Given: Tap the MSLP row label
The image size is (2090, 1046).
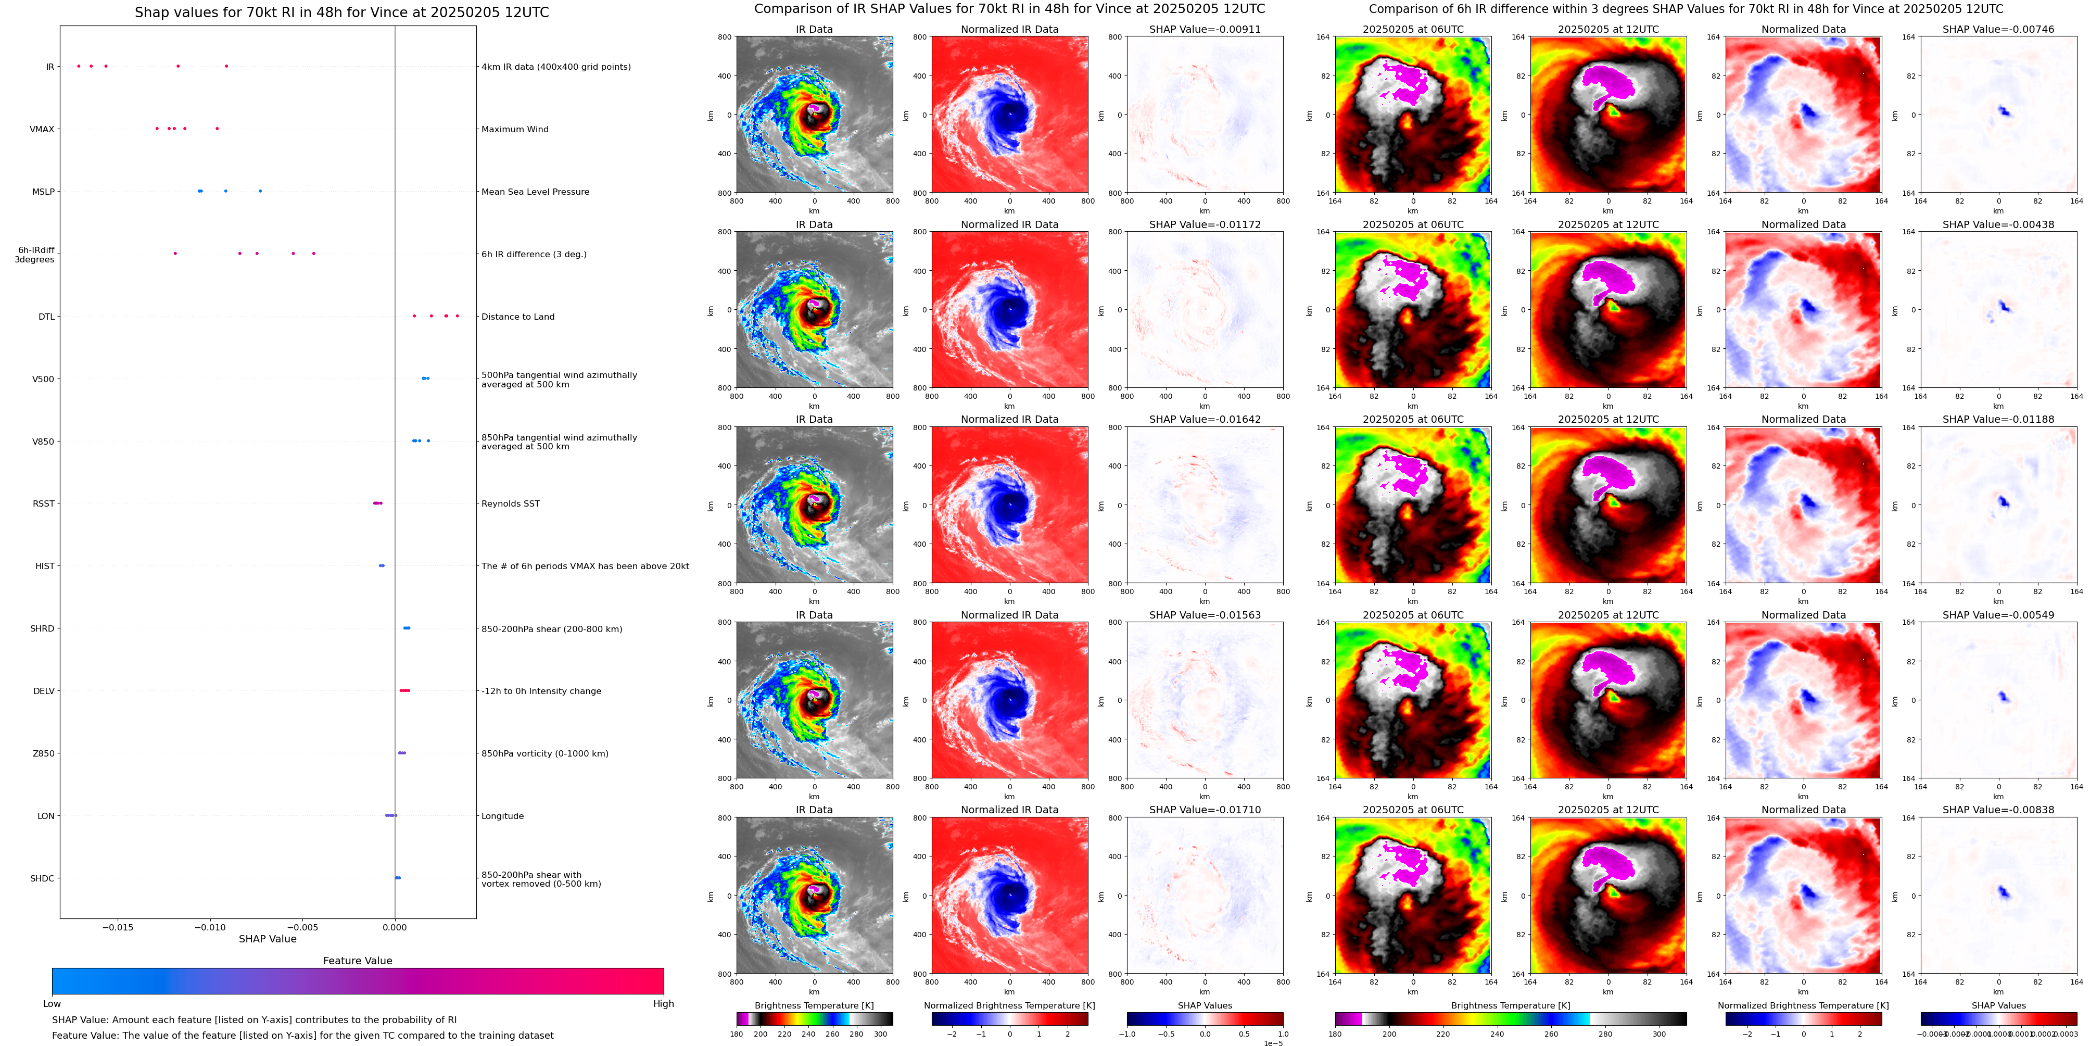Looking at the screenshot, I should (x=43, y=192).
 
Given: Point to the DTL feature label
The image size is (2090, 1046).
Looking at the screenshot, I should (x=46, y=317).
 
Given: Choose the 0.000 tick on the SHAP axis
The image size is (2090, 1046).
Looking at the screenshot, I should (x=394, y=927).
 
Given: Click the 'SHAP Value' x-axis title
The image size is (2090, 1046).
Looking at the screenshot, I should (x=268, y=939).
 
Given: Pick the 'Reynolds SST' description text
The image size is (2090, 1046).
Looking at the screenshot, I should (x=510, y=504).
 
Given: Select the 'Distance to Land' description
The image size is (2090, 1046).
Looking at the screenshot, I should (x=517, y=317).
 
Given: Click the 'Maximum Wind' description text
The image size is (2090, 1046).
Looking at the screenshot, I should (x=514, y=129).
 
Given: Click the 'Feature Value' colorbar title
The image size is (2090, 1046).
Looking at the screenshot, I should (x=357, y=961).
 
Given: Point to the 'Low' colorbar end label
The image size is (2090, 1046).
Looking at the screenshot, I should (x=52, y=1004).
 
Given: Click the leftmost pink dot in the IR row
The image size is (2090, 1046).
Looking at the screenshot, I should (x=79, y=66).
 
